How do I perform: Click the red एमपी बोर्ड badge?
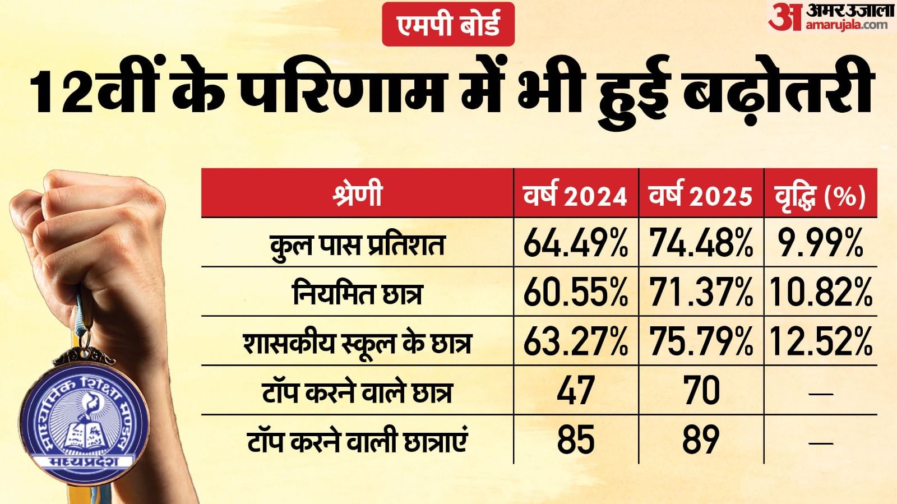[x=448, y=24]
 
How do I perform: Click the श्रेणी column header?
[x=357, y=194]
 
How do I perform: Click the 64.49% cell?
[x=576, y=243]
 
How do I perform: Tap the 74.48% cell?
[x=701, y=243]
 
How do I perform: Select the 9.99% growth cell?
[x=820, y=243]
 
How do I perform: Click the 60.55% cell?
[x=576, y=292]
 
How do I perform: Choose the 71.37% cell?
[x=701, y=292]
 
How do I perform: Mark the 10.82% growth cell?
[x=820, y=292]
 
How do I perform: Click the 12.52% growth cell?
[x=820, y=341]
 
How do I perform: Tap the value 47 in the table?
[x=576, y=390]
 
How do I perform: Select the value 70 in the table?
[x=701, y=390]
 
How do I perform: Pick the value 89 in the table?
[x=701, y=439]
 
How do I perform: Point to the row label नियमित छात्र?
[x=357, y=293]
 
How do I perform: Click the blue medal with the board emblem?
[x=84, y=418]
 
